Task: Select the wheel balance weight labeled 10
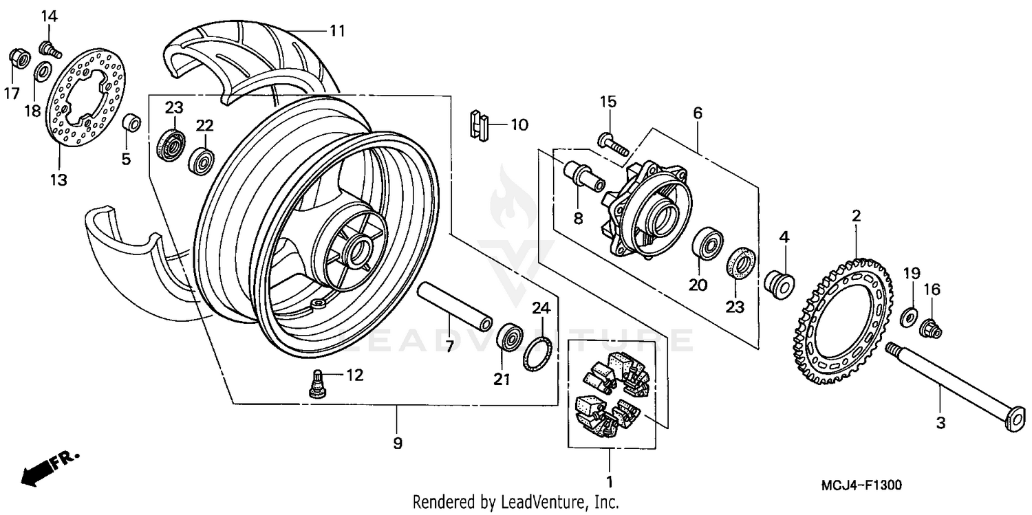480,127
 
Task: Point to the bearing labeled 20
707,244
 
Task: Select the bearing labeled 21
509,337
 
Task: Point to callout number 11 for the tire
336,30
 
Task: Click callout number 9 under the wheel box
397,443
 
